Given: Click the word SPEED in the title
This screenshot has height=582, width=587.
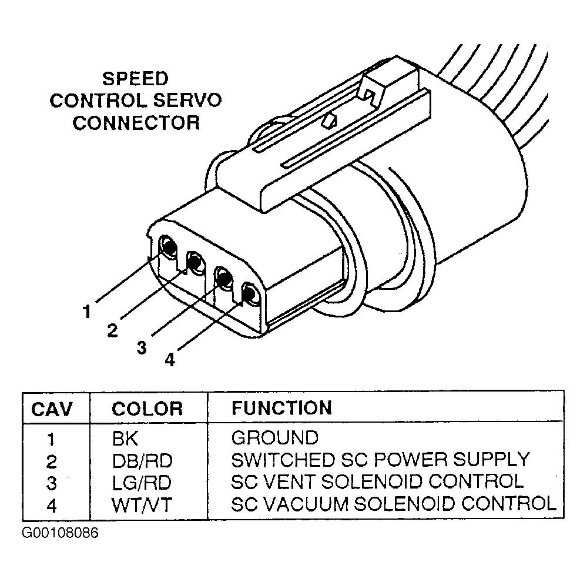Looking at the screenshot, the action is point(135,79).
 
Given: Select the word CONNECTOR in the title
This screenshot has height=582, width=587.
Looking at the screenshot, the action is point(136,123).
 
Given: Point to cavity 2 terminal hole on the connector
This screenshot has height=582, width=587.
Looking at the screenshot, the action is point(196,262).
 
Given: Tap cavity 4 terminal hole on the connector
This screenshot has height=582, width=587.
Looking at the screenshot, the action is point(250,293).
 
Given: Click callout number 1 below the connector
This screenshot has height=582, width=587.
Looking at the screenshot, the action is point(87,312).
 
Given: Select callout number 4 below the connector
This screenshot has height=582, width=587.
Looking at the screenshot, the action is point(170,360).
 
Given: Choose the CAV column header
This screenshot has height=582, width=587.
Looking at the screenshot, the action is point(52,409).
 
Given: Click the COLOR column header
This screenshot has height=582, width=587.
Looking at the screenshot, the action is point(147,409).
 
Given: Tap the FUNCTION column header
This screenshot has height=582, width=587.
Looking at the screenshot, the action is point(282,408).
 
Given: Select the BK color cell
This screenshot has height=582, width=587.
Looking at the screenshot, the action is point(125,439).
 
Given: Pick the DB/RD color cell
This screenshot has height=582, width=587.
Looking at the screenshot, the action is point(142,461).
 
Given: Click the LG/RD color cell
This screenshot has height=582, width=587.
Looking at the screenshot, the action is point(142,483).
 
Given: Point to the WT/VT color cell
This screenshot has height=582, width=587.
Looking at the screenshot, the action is point(142,505).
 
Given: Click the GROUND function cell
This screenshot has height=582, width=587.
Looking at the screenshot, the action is point(275,437).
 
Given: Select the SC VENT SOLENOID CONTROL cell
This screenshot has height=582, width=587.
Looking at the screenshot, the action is point(377,481).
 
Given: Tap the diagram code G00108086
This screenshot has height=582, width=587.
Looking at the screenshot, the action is point(60,533).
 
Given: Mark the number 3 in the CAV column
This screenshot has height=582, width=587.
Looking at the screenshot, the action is point(52,483).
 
